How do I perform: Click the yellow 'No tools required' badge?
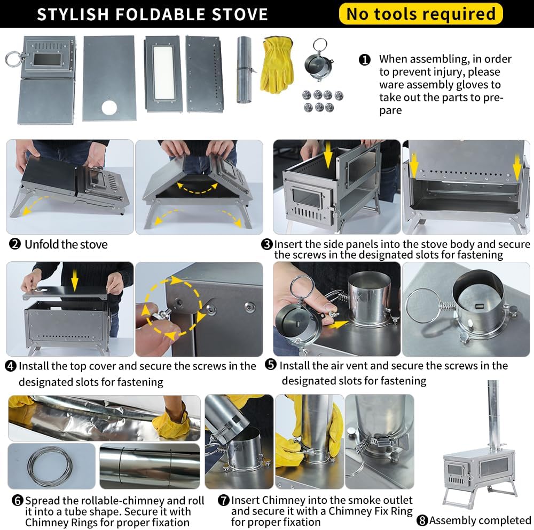(x=421, y=14)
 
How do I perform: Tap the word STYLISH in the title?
(x=73, y=14)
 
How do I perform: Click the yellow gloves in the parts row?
(x=277, y=65)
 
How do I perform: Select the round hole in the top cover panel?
(x=109, y=107)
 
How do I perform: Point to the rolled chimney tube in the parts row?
(x=244, y=70)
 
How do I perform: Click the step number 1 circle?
(x=364, y=60)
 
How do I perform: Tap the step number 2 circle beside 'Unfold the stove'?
(x=14, y=244)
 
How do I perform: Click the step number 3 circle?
(x=266, y=244)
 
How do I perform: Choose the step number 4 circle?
(x=11, y=366)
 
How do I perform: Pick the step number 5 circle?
(x=271, y=365)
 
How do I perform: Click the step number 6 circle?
(x=18, y=500)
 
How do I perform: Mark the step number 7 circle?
(x=223, y=500)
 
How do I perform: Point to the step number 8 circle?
(x=422, y=520)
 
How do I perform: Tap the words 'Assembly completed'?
(x=480, y=520)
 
